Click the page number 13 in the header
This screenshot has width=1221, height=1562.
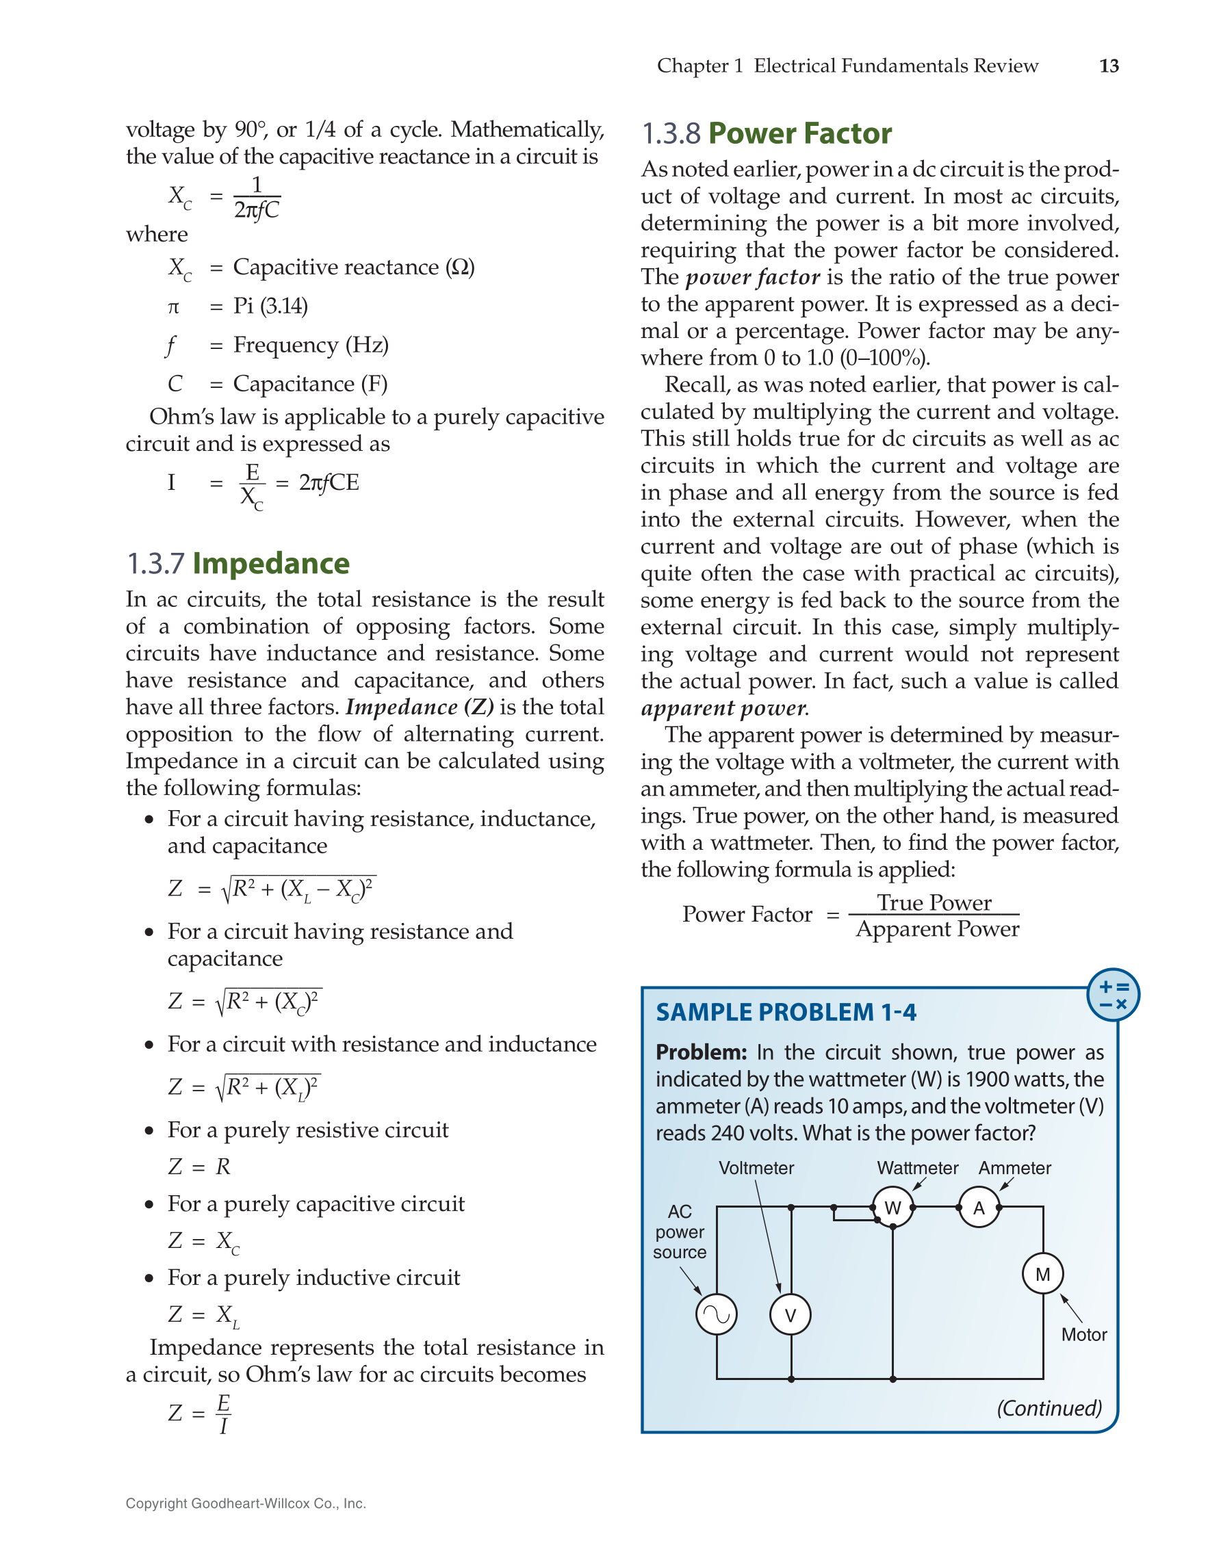pyautogui.click(x=1108, y=66)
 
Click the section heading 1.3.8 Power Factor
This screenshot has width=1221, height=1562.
pyautogui.click(x=766, y=133)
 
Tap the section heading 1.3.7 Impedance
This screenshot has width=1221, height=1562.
pyautogui.click(x=237, y=564)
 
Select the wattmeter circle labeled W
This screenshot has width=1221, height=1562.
pyautogui.click(x=892, y=1208)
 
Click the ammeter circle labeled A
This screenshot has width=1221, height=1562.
pyautogui.click(x=979, y=1208)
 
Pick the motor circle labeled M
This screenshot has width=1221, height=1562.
pyautogui.click(x=1042, y=1274)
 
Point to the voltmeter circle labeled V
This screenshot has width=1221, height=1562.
pyautogui.click(x=790, y=1314)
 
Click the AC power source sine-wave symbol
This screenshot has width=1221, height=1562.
pyautogui.click(x=716, y=1314)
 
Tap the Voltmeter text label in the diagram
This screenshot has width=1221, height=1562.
pyautogui.click(x=756, y=1168)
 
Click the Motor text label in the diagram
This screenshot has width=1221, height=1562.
pyautogui.click(x=1083, y=1335)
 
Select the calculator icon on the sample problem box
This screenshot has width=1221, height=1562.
pyautogui.click(x=1112, y=995)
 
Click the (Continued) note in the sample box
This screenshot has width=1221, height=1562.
pyautogui.click(x=1049, y=1408)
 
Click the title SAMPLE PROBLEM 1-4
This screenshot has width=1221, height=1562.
pyautogui.click(x=786, y=1012)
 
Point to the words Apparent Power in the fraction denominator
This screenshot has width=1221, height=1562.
pyautogui.click(x=937, y=929)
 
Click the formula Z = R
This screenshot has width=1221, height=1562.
pyautogui.click(x=200, y=1167)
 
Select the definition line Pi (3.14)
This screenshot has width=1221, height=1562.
pyautogui.click(x=270, y=306)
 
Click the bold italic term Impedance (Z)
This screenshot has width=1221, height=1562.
pyautogui.click(x=419, y=707)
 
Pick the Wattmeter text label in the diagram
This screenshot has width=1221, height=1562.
pyautogui.click(x=917, y=1168)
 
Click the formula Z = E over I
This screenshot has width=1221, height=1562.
pyautogui.click(x=200, y=1413)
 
